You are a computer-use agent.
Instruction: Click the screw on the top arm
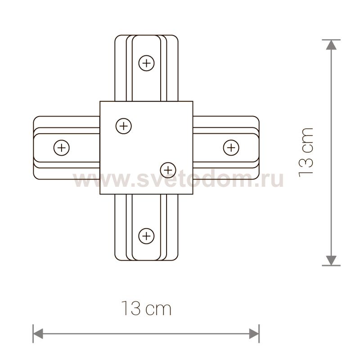coord(146,63)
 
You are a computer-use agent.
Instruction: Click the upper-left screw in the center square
coord(124,126)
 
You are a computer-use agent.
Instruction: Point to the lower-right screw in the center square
coord(168,169)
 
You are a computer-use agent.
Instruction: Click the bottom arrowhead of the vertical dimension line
coord(331,261)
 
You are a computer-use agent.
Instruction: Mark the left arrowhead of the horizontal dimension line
coord(38,333)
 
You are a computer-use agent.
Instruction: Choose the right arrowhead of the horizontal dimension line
coord(255,333)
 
